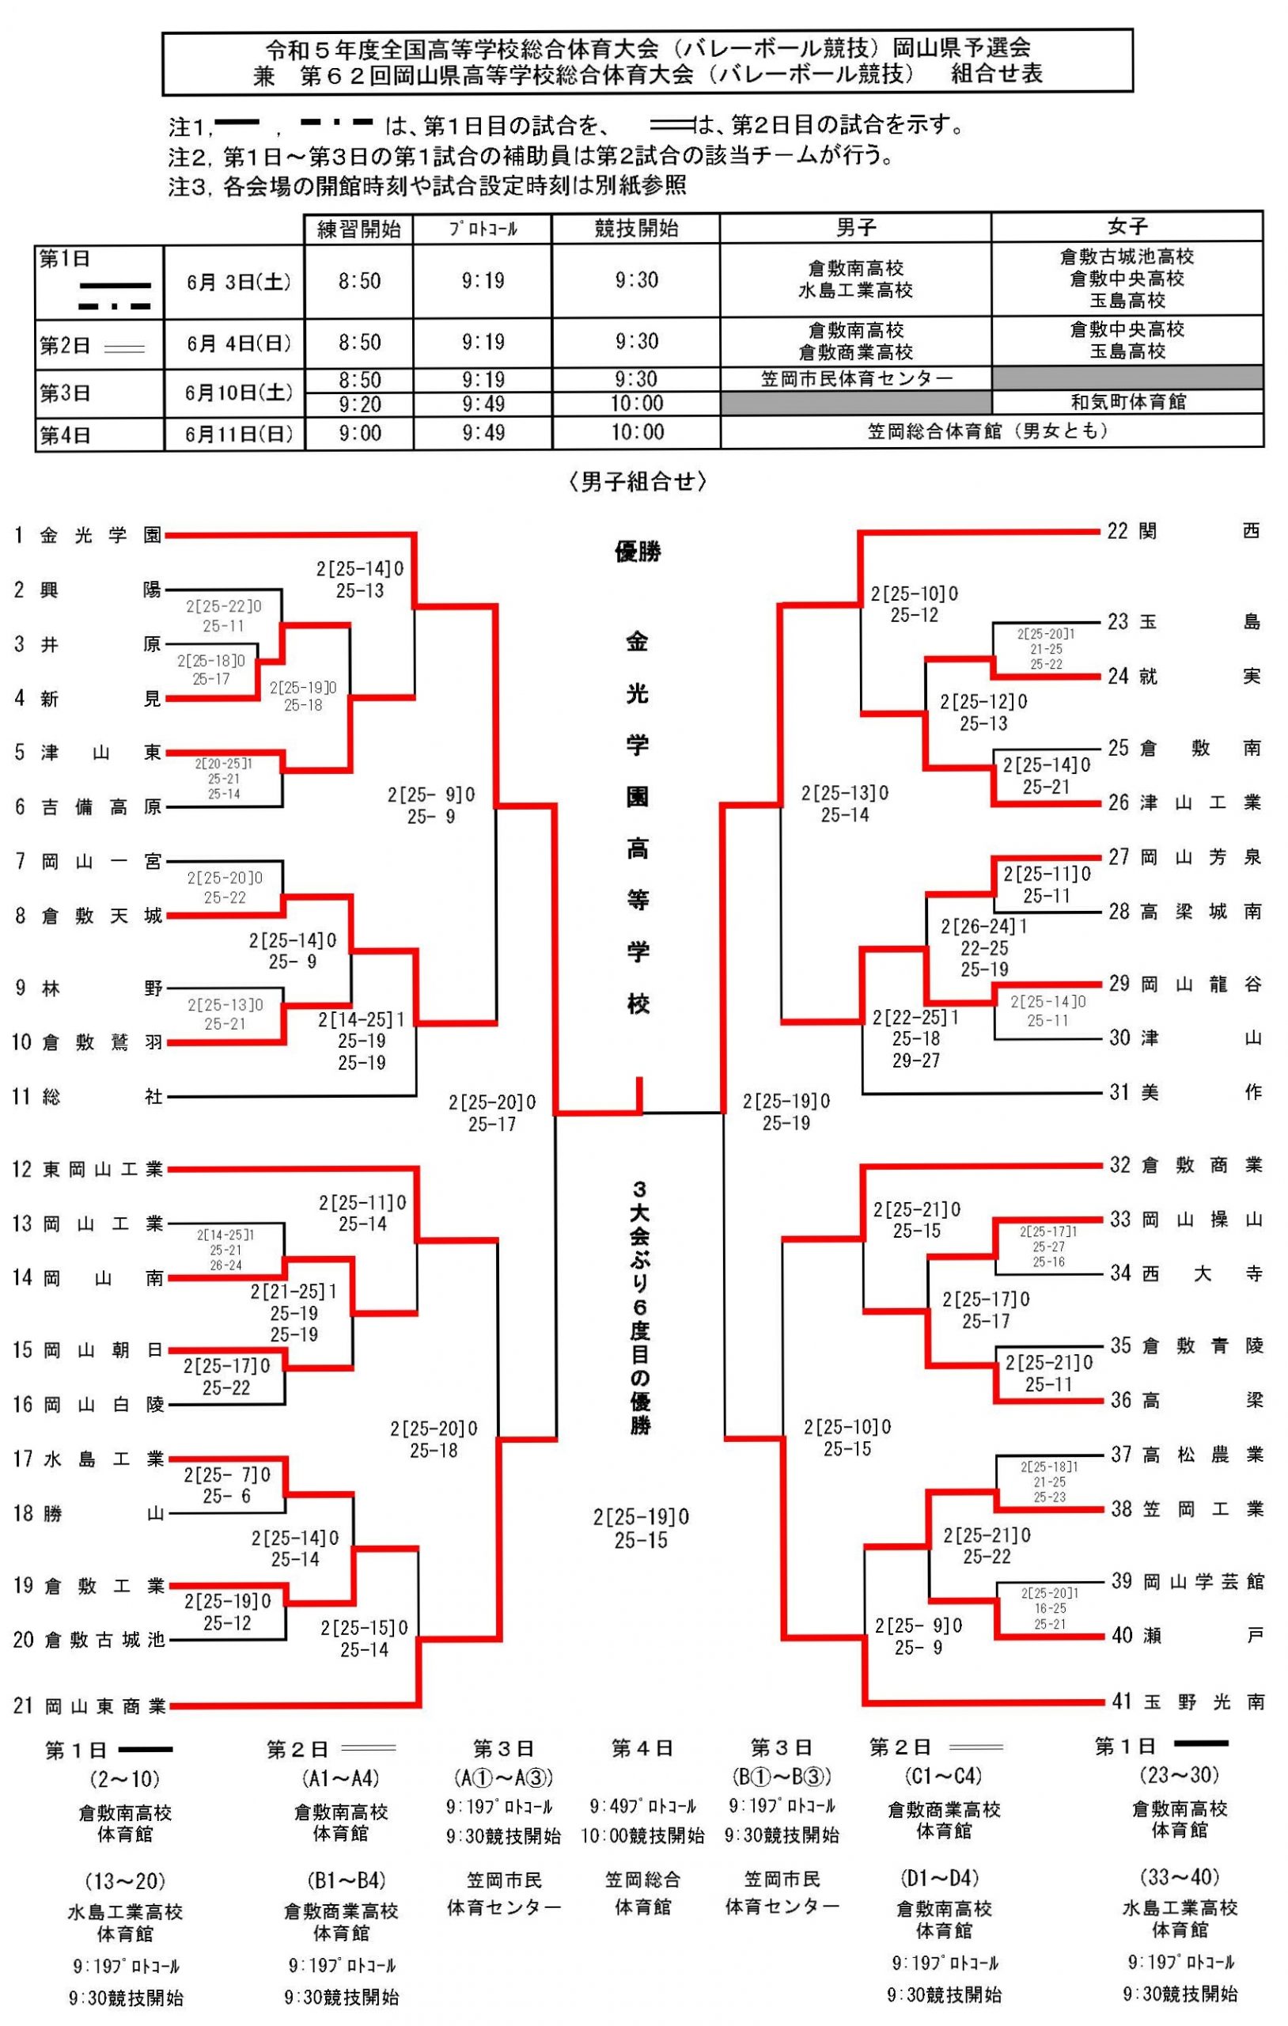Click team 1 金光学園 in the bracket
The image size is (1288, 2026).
89,535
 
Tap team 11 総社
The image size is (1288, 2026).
89,1097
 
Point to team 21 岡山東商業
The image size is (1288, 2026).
89,1707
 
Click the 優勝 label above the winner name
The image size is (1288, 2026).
638,552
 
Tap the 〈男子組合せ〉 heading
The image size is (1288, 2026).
638,481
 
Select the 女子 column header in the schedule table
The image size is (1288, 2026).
1127,226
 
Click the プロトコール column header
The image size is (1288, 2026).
483,229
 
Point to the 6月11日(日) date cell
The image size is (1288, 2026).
235,434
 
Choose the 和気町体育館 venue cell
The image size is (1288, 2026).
1127,402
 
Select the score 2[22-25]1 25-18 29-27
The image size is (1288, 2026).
915,1039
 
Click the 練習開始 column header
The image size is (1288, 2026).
358,229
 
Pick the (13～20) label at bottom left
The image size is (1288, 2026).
125,1880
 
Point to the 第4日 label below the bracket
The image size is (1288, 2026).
642,1749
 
